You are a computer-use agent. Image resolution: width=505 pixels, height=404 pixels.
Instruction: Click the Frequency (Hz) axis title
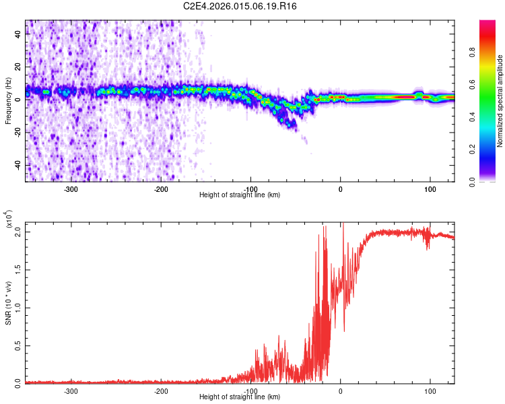click(x=8, y=101)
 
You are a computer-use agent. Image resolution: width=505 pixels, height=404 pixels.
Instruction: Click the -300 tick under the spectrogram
click(x=71, y=188)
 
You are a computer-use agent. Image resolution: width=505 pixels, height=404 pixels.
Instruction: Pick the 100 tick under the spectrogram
click(x=430, y=188)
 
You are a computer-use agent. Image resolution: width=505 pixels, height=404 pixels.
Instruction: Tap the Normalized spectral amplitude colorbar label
click(x=500, y=101)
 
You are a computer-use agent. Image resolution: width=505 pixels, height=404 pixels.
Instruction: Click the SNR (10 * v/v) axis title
click(x=8, y=303)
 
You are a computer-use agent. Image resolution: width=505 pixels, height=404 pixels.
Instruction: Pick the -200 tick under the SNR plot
click(x=161, y=390)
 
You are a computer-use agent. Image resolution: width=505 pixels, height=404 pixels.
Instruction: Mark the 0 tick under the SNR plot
click(x=340, y=390)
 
